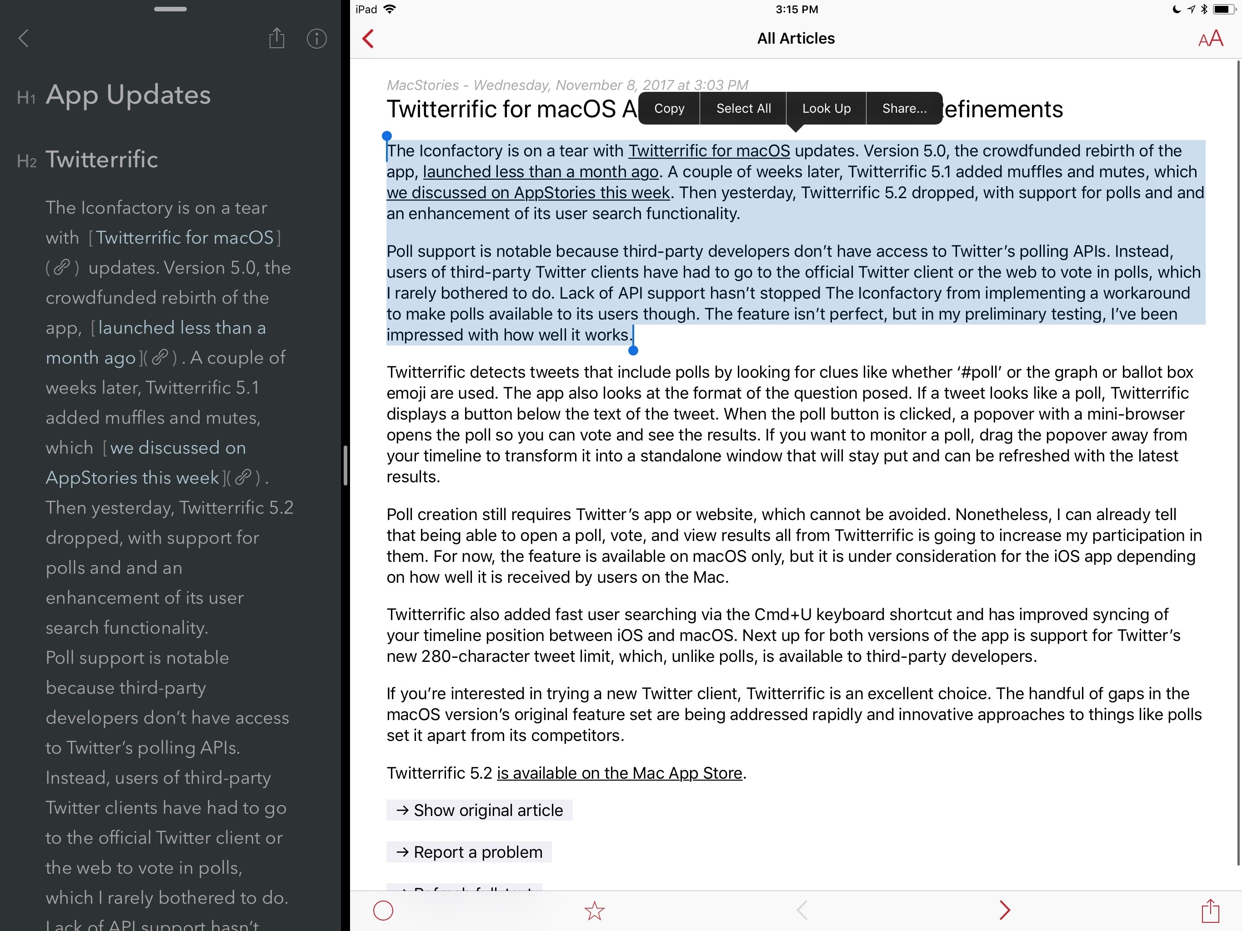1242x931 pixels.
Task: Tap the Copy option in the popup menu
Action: click(x=669, y=108)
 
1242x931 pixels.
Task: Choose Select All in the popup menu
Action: click(x=743, y=108)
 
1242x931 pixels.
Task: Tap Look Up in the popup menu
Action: click(x=826, y=108)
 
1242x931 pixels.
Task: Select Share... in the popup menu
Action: click(x=904, y=108)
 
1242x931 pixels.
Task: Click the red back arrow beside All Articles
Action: click(x=368, y=39)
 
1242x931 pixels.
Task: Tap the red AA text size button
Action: click(x=1210, y=39)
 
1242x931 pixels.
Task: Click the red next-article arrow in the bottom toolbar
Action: click(x=1005, y=910)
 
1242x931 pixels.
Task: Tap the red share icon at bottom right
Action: click(x=1211, y=910)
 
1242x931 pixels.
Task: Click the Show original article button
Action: click(x=479, y=810)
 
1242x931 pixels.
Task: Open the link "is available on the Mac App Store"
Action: click(x=619, y=773)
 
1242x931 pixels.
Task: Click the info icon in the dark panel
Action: click(x=317, y=39)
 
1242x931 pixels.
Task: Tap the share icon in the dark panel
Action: click(x=276, y=38)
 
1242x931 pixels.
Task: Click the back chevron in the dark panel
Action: click(x=24, y=39)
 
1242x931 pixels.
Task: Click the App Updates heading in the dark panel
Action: click(x=128, y=95)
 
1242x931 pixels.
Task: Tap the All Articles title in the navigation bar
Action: click(x=796, y=39)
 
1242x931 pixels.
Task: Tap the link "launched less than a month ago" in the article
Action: click(x=540, y=172)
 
